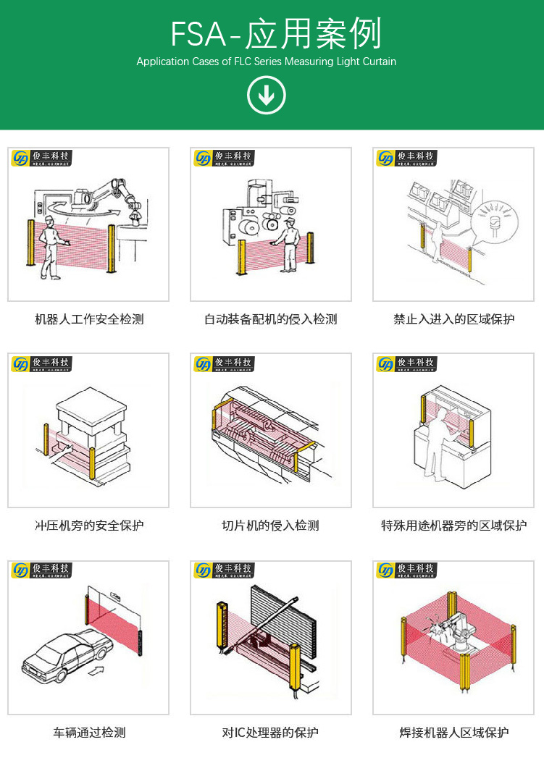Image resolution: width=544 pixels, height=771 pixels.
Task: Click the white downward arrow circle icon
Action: [267, 95]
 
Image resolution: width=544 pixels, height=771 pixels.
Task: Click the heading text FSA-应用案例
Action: [275, 34]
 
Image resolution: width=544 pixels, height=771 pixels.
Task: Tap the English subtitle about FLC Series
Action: [267, 62]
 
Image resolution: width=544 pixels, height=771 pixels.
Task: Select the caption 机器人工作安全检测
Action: [89, 319]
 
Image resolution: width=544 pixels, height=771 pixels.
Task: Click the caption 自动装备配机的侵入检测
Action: [270, 319]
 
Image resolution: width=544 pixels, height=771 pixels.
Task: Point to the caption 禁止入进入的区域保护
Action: [454, 319]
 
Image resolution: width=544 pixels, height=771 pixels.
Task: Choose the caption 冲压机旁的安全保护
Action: [89, 526]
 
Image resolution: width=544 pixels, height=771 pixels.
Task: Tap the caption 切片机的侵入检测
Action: [270, 526]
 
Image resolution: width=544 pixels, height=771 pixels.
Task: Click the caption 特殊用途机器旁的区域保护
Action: [454, 526]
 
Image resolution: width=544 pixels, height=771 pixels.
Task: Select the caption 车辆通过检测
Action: [89, 733]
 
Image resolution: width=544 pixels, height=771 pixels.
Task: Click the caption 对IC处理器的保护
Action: [270, 733]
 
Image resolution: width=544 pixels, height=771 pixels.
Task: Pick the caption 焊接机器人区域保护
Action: [454, 733]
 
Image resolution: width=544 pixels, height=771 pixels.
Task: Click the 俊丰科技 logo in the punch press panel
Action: [41, 363]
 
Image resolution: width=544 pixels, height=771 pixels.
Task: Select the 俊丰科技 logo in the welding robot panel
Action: [406, 570]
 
